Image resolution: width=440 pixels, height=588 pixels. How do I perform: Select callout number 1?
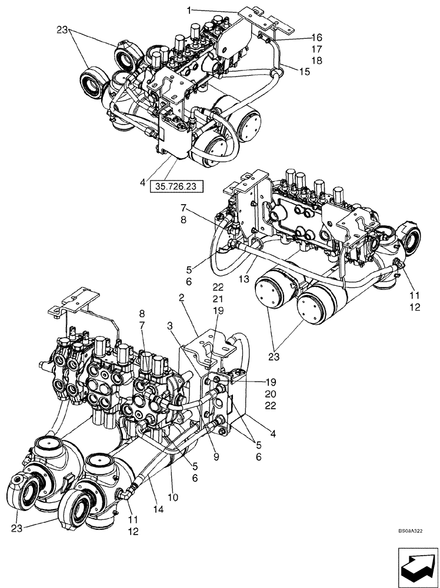(189, 10)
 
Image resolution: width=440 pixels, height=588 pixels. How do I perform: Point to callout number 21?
(218, 299)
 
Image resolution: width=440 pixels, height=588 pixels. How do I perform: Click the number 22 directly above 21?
(218, 287)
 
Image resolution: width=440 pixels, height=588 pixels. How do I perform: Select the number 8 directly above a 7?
(141, 313)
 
